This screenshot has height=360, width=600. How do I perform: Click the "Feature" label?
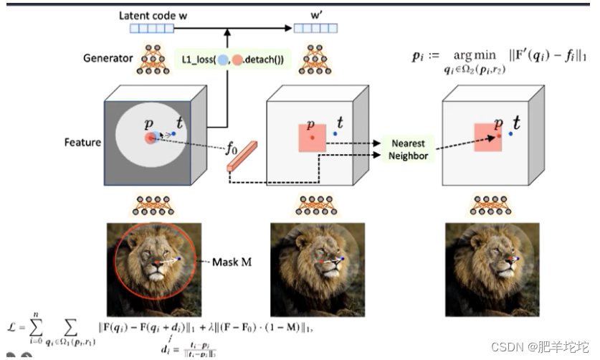[x=82, y=141]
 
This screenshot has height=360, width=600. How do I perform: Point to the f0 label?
[x=231, y=151]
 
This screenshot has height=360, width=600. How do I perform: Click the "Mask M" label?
[x=232, y=262]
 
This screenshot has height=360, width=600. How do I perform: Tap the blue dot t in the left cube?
[x=173, y=134]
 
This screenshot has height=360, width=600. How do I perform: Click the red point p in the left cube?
[x=149, y=138]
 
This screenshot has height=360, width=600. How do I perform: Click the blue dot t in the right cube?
[x=511, y=133]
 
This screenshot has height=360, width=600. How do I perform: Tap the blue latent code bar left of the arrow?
[x=152, y=29]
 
